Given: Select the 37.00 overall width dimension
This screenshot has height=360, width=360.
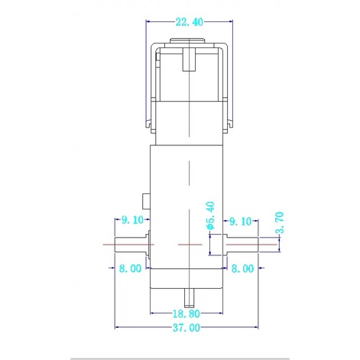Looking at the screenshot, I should [186, 328].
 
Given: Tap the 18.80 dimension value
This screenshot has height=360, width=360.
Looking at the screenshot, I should [186, 313].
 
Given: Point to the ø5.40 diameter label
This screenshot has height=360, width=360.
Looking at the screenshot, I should [209, 216].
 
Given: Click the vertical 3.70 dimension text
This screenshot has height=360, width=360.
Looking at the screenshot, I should [279, 221].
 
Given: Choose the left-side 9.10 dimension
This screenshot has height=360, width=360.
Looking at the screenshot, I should [133, 221].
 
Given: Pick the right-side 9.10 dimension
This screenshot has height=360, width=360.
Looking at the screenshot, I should [241, 221].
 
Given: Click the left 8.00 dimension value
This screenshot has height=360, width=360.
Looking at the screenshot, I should [130, 268].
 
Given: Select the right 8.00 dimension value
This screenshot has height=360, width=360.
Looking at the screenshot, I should [243, 268].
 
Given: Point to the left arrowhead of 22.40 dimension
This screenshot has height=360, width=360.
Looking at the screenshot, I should [148, 22].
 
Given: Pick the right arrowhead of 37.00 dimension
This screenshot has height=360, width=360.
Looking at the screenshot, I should [259, 328].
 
